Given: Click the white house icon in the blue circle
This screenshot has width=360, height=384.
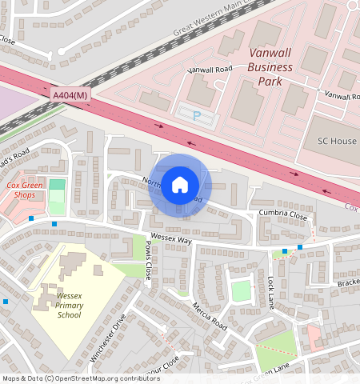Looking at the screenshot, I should click(180, 186).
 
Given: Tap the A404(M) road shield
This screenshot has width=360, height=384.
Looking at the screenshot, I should click(69, 95).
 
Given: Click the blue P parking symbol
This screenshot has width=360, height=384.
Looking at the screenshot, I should click(197, 117).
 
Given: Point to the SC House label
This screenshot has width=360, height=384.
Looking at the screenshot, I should click(337, 141).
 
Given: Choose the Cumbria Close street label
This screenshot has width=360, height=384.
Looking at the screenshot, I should click(282, 214).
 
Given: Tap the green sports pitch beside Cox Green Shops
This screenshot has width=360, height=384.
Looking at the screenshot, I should click(57, 197).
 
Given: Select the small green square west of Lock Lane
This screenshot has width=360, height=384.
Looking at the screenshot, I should click(241, 290).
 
